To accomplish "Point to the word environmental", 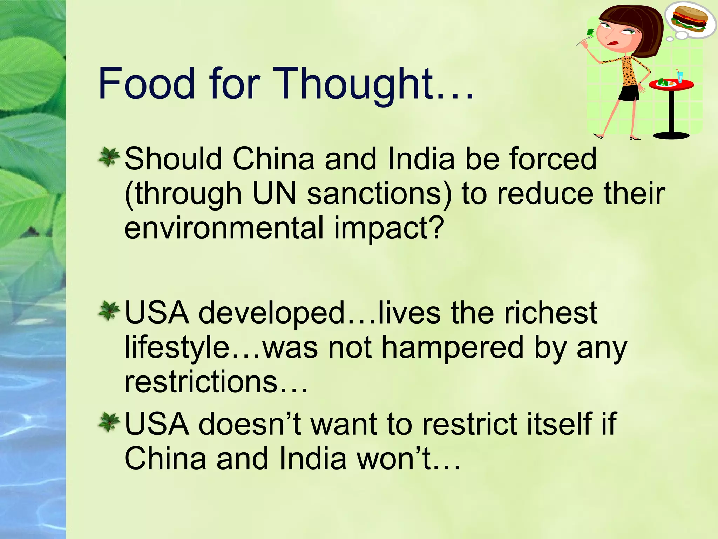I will coord(224,228).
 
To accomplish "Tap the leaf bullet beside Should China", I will coord(109,157).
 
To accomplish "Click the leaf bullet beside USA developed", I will coord(109,311).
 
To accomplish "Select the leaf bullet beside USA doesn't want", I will coord(109,422).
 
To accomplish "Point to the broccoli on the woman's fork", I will coord(590,33).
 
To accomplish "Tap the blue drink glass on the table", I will coord(680,76).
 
